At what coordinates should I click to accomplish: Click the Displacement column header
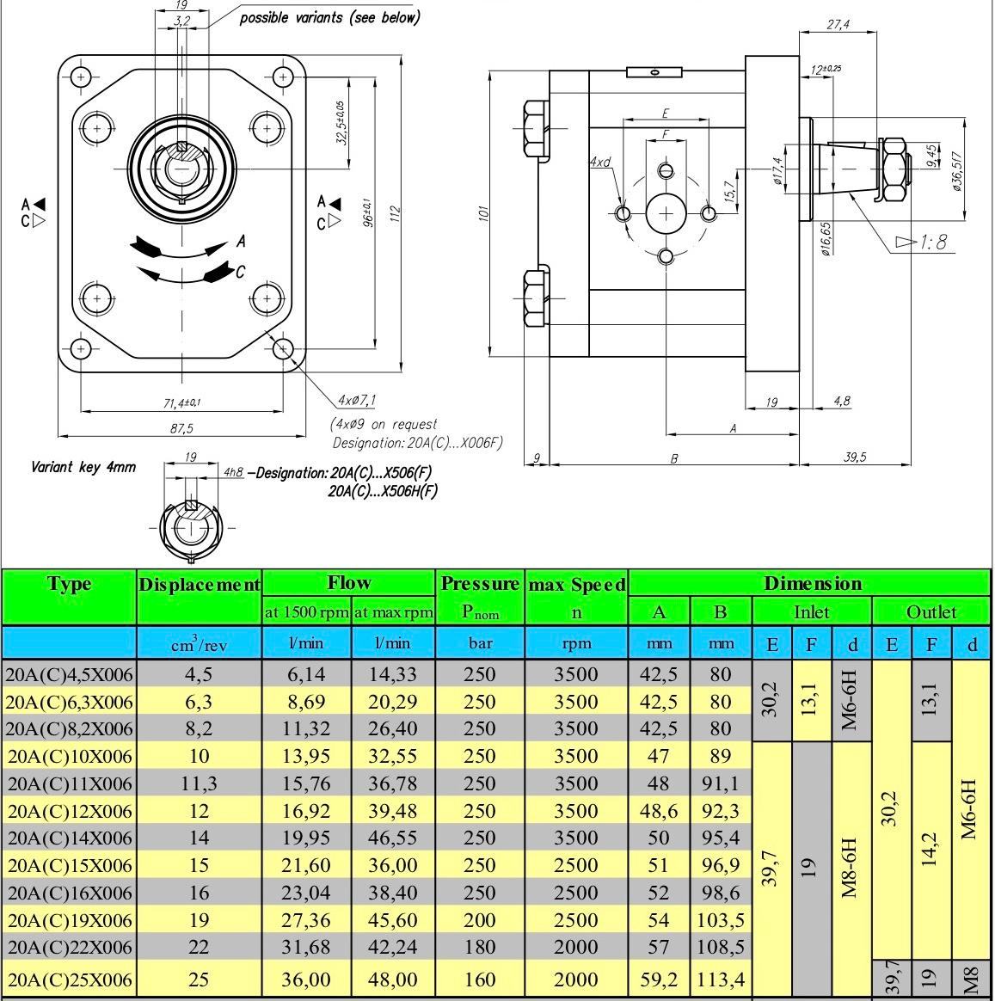200,584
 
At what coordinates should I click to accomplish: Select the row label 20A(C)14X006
70,838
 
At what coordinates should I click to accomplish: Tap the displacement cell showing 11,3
199,783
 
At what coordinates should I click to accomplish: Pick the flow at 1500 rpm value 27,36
305,920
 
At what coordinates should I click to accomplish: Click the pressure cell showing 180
479,947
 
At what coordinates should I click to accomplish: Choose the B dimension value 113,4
721,980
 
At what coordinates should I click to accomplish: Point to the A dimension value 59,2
658,980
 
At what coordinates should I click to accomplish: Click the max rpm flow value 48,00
392,980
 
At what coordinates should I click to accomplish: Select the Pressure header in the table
480,584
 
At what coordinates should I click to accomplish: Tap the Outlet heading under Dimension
931,612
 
